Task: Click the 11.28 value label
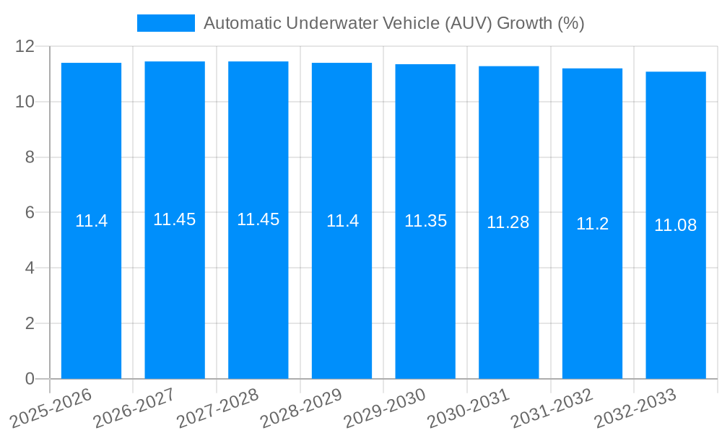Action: coord(508,222)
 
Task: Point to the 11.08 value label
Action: coord(676,225)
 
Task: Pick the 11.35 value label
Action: coord(425,221)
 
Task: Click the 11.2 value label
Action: coord(592,224)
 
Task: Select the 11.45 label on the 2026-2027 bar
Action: coord(175,219)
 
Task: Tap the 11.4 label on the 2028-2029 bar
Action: coord(342,221)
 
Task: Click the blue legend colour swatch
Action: coord(166,23)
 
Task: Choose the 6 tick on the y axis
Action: coord(30,213)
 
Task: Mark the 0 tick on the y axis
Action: coord(30,379)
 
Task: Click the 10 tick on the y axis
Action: coord(25,102)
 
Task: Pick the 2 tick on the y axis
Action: coord(30,323)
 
